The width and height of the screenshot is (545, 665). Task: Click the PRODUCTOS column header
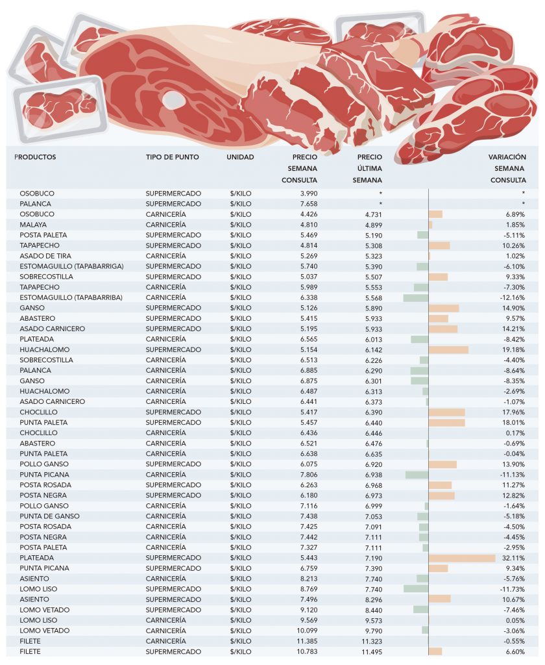click(35, 157)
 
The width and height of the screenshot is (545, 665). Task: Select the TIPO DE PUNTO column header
click(172, 157)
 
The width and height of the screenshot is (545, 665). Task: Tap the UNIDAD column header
click(240, 157)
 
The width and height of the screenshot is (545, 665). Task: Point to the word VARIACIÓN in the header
click(507, 157)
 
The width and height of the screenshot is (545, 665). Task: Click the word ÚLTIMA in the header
click(369, 169)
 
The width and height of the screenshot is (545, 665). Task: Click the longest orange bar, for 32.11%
click(461, 558)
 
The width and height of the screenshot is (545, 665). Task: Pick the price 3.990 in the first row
click(308, 194)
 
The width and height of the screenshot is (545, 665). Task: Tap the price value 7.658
click(308, 204)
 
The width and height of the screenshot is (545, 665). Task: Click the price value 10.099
click(306, 631)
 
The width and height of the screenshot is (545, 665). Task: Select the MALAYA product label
click(33, 225)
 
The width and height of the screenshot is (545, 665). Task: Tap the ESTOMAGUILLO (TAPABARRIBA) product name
click(71, 297)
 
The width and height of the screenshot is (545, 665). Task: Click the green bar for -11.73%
click(415, 589)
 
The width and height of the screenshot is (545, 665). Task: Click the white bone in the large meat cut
click(174, 99)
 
